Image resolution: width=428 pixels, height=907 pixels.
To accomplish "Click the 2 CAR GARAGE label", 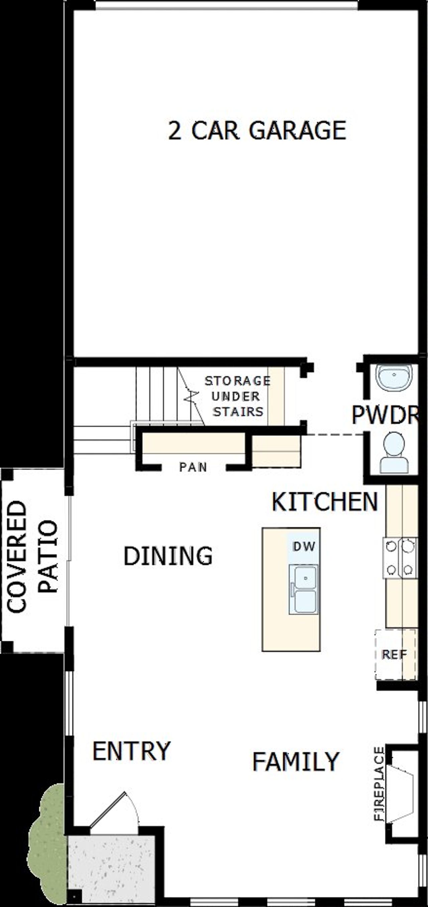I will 257,130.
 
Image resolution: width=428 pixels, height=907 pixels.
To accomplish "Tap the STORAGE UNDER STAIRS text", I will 238,396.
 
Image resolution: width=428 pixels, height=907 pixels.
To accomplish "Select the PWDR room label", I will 385,415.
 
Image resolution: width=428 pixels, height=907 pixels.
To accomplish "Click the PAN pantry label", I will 193,467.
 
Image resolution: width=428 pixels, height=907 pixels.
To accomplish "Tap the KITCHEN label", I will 325,502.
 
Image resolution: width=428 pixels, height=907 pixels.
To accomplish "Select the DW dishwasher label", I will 304,547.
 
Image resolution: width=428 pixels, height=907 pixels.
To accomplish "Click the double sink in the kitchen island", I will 304,589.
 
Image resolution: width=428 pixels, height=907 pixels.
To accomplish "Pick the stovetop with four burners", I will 400,557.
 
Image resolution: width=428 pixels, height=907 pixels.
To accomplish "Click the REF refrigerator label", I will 394,654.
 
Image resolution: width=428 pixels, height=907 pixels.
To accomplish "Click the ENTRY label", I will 131,750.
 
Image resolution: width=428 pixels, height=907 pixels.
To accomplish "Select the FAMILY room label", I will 296,761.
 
